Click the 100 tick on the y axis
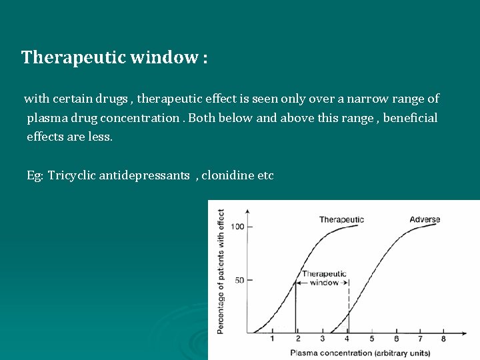pyautogui.click(x=237, y=227)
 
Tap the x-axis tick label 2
pyautogui.click(x=297, y=339)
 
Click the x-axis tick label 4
pyautogui.click(x=347, y=339)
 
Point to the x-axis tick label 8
pyautogui.click(x=444, y=339)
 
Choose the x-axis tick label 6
pyautogui.click(x=396, y=339)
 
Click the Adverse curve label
pyautogui.click(x=425, y=219)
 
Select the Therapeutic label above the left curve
pyautogui.click(x=341, y=219)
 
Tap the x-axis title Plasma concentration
pyautogui.click(x=331, y=353)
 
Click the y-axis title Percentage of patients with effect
pyautogui.click(x=221, y=271)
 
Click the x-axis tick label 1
pyautogui.click(x=272, y=339)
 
